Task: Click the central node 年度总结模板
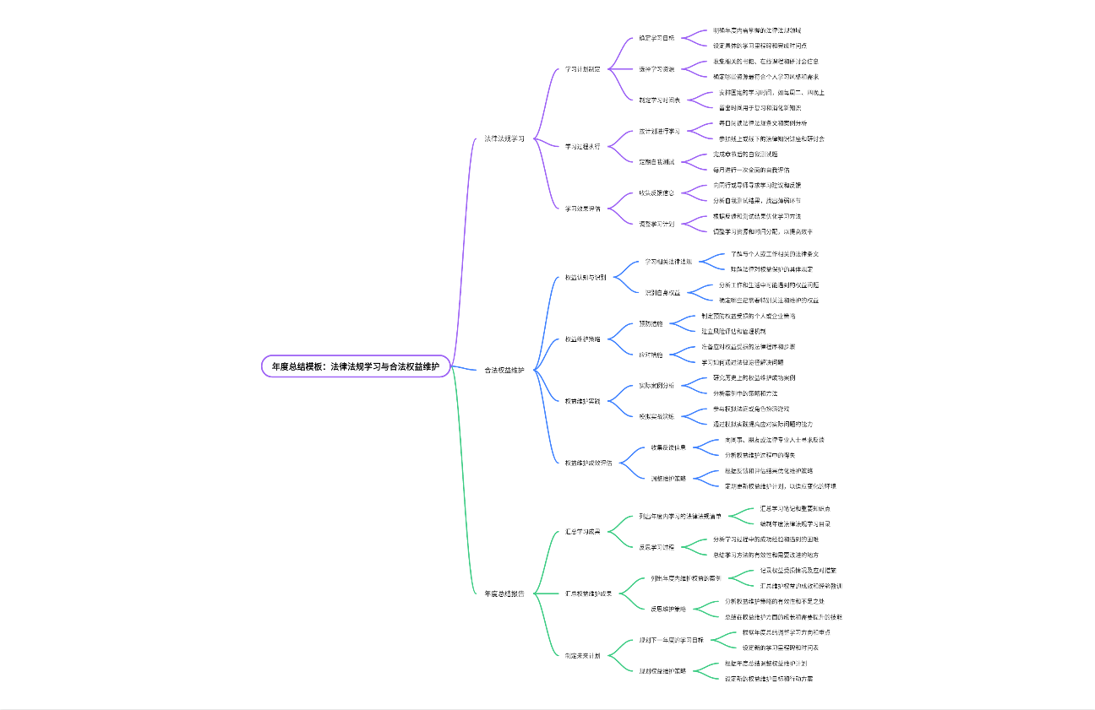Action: point(356,366)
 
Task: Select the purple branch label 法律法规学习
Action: point(504,138)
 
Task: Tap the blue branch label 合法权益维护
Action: point(504,370)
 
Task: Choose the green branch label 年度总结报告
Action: point(504,593)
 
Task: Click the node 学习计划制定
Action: point(583,69)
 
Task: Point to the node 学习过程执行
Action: point(583,146)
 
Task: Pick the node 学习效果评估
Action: point(583,208)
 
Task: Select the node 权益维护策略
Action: point(583,339)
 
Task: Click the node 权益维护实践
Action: point(583,401)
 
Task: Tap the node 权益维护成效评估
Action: point(589,463)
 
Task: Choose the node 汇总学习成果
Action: point(583,532)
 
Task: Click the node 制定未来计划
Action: point(583,655)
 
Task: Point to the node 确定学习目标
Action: point(656,38)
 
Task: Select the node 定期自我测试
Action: point(656,161)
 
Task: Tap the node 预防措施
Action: point(651,323)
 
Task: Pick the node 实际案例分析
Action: point(656,385)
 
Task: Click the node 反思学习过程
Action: point(656,547)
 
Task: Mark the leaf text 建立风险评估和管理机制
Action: point(733,331)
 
